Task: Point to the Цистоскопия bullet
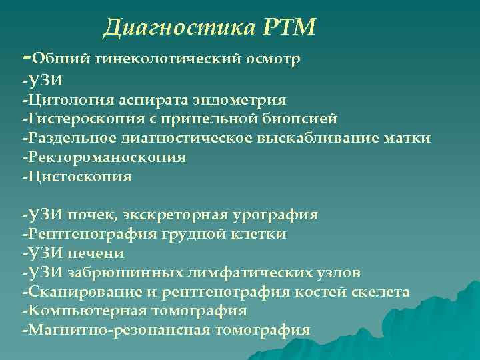79,177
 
